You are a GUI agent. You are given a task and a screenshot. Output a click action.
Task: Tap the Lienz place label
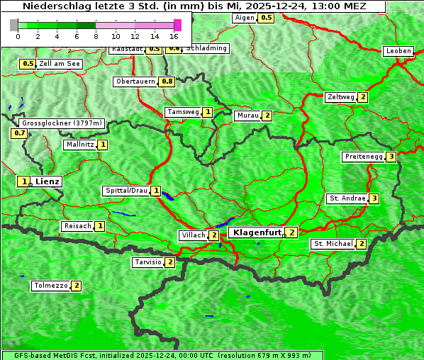coord(48,181)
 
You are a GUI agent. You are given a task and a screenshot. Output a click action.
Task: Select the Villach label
coord(193,235)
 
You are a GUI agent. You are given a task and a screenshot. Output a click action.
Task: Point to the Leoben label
coord(398,51)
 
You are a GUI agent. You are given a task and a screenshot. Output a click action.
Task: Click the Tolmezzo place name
coord(50,286)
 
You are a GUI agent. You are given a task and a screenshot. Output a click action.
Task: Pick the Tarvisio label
coord(147,262)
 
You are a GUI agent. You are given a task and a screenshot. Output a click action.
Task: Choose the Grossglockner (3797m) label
coord(62,123)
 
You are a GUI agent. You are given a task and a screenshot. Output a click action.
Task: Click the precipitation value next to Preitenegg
coord(391,157)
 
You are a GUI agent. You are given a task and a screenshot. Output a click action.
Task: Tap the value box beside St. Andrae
coord(374,198)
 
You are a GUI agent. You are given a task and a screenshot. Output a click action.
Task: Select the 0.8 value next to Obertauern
coord(167,81)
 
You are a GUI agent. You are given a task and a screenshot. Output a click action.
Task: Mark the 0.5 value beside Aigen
coord(265,18)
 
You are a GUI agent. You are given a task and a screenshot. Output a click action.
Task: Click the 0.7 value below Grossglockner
coord(18,133)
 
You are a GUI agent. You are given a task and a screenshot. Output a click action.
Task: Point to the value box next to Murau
coord(267,116)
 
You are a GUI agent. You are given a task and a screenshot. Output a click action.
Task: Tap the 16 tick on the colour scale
coord(174,35)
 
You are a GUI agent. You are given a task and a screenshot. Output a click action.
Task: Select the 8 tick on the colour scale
coord(96,35)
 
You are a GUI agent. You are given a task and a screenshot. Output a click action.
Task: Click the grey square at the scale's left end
coord(14,24)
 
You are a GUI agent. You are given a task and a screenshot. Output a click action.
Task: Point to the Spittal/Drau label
coord(126,191)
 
